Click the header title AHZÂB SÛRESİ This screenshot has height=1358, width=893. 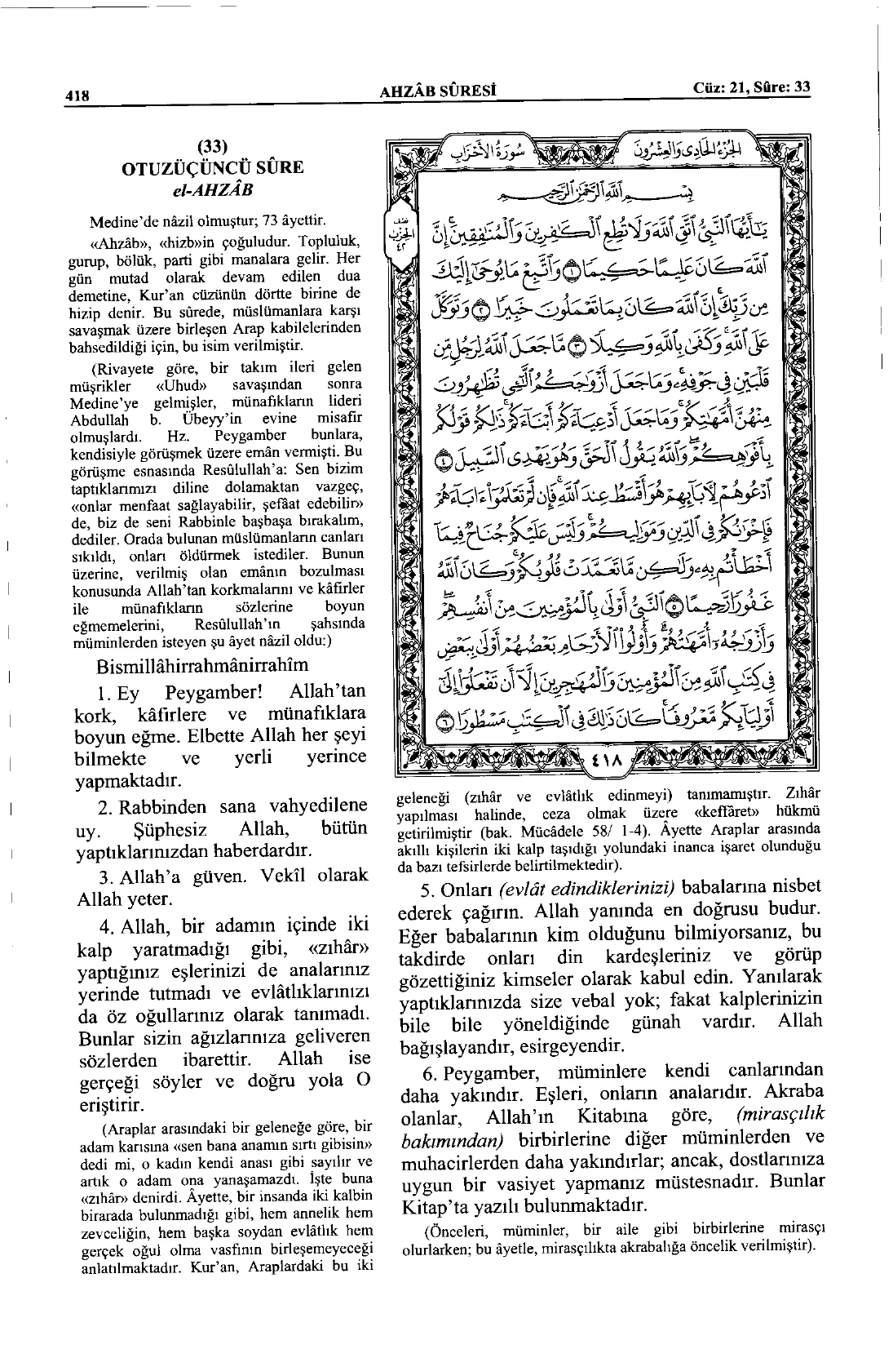coord(440,90)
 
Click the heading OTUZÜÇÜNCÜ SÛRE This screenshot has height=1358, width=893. coord(211,168)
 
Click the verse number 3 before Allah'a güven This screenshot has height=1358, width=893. coord(102,876)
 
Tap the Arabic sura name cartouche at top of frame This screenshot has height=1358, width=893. coord(536,151)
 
